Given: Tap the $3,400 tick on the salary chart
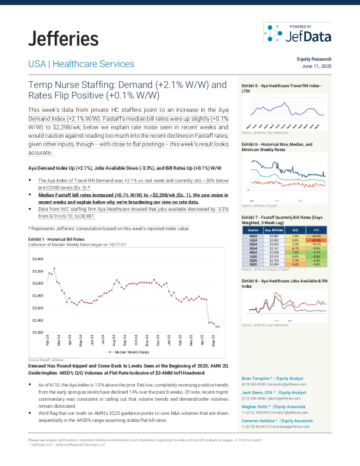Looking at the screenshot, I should [38, 259].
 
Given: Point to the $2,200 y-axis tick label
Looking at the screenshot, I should [38, 332].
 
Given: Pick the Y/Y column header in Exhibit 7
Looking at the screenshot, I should [316, 231].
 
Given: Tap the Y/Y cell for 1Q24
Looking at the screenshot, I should [316, 240].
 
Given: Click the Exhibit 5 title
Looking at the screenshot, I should [282, 89].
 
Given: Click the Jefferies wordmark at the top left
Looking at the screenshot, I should [63, 39].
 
